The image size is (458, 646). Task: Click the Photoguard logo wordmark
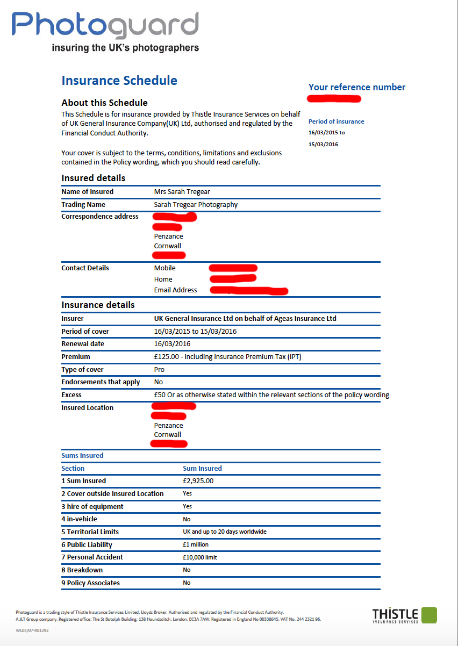click(x=105, y=25)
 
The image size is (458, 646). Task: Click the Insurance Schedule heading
click(x=119, y=81)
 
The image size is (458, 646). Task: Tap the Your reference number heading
click(x=356, y=87)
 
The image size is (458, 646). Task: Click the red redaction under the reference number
click(x=334, y=99)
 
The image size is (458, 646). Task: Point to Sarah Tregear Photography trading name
click(x=196, y=205)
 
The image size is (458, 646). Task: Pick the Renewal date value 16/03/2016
click(x=172, y=344)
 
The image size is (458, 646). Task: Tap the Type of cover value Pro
click(x=159, y=370)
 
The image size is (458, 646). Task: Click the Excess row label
click(x=71, y=395)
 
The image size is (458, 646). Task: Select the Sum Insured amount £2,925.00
click(x=198, y=481)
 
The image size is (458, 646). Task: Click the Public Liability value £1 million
click(x=196, y=545)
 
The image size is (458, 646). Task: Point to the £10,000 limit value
click(x=199, y=557)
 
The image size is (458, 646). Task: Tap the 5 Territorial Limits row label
click(x=90, y=532)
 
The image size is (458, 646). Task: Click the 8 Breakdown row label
click(x=82, y=570)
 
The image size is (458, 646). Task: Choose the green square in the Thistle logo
click(x=429, y=615)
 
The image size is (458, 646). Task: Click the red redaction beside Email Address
click(x=249, y=291)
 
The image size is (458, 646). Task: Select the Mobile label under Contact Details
click(x=164, y=268)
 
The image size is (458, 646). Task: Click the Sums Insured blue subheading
click(x=82, y=456)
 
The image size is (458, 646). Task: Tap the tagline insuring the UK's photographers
click(x=125, y=48)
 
